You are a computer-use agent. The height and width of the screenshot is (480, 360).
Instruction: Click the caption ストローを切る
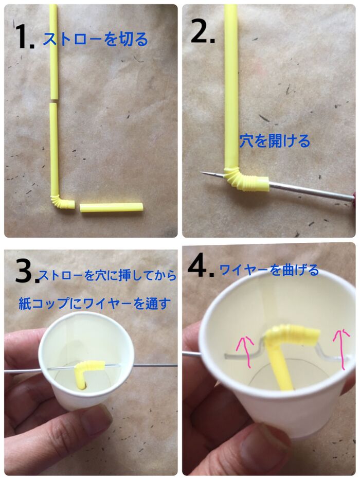pyautogui.click(x=95, y=39)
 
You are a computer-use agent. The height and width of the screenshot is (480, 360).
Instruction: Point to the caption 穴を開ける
pyautogui.click(x=275, y=141)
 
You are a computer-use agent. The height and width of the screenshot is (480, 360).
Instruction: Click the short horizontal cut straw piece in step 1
pyautogui.click(x=111, y=207)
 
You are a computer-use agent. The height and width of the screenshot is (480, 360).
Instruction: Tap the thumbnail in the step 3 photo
pyautogui.click(x=96, y=419)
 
